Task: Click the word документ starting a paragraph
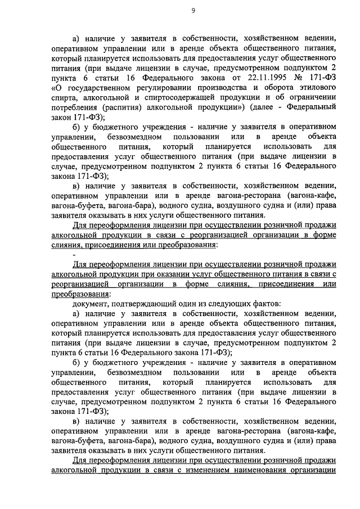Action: [x=90, y=304]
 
